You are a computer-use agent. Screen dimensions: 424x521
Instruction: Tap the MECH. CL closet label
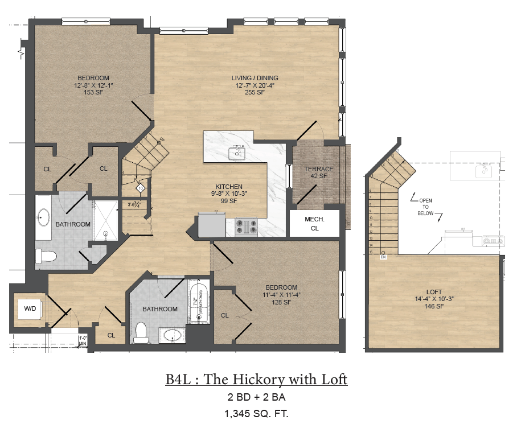pos(314,224)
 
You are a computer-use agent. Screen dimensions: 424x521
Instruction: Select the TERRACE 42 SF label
pos(318,173)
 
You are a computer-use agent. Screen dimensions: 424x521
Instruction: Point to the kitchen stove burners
pos(247,227)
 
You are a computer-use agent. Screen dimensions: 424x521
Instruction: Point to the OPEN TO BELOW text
pos(425,207)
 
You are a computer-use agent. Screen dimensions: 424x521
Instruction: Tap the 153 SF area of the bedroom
pos(93,93)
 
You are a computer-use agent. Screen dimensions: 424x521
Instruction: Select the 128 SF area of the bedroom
pos(281,302)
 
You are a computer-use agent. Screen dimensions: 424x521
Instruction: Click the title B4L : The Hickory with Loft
pos(256,380)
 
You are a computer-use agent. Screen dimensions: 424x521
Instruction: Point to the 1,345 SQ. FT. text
pos(256,413)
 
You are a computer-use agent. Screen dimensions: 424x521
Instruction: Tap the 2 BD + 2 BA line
pos(256,397)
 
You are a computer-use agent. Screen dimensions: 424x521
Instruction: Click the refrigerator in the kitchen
pos(211,225)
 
